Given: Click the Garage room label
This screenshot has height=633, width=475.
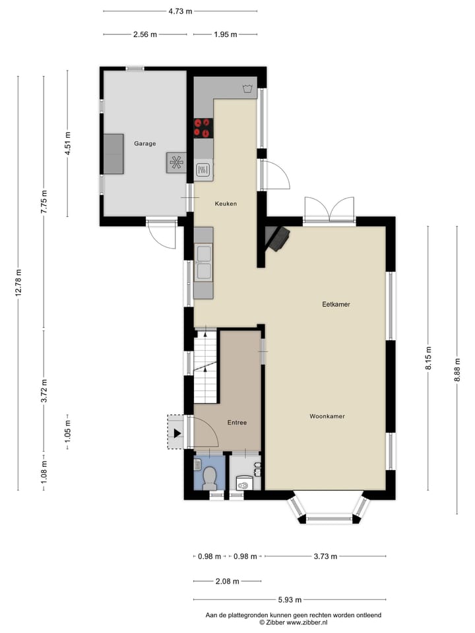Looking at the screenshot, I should pyautogui.click(x=144, y=143).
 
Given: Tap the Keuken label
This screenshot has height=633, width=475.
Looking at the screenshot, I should pyautogui.click(x=226, y=204).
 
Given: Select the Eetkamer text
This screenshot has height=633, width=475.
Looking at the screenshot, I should pyautogui.click(x=336, y=305).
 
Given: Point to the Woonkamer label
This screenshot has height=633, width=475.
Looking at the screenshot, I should pyautogui.click(x=327, y=417).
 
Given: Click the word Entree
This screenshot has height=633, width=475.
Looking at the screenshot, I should pyautogui.click(x=237, y=423).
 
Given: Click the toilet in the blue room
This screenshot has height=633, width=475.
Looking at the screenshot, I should pyautogui.click(x=210, y=477).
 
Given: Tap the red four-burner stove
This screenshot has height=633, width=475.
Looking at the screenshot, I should pyautogui.click(x=203, y=128).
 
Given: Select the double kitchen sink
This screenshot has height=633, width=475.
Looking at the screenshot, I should pyautogui.click(x=203, y=262).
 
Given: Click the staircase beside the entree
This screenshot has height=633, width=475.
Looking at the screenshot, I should pyautogui.click(x=205, y=367).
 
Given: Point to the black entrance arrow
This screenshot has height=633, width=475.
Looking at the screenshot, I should pyautogui.click(x=177, y=433).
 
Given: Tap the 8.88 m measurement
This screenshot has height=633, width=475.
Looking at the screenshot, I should pyautogui.click(x=457, y=369).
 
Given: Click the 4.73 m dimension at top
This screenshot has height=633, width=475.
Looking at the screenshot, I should pyautogui.click(x=180, y=11).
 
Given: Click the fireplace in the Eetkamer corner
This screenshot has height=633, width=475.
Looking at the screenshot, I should pyautogui.click(x=277, y=238).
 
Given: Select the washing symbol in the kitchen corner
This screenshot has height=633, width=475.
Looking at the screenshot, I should pyautogui.click(x=247, y=88).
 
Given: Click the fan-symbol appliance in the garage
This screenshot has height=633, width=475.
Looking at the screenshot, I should pyautogui.click(x=176, y=162).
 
